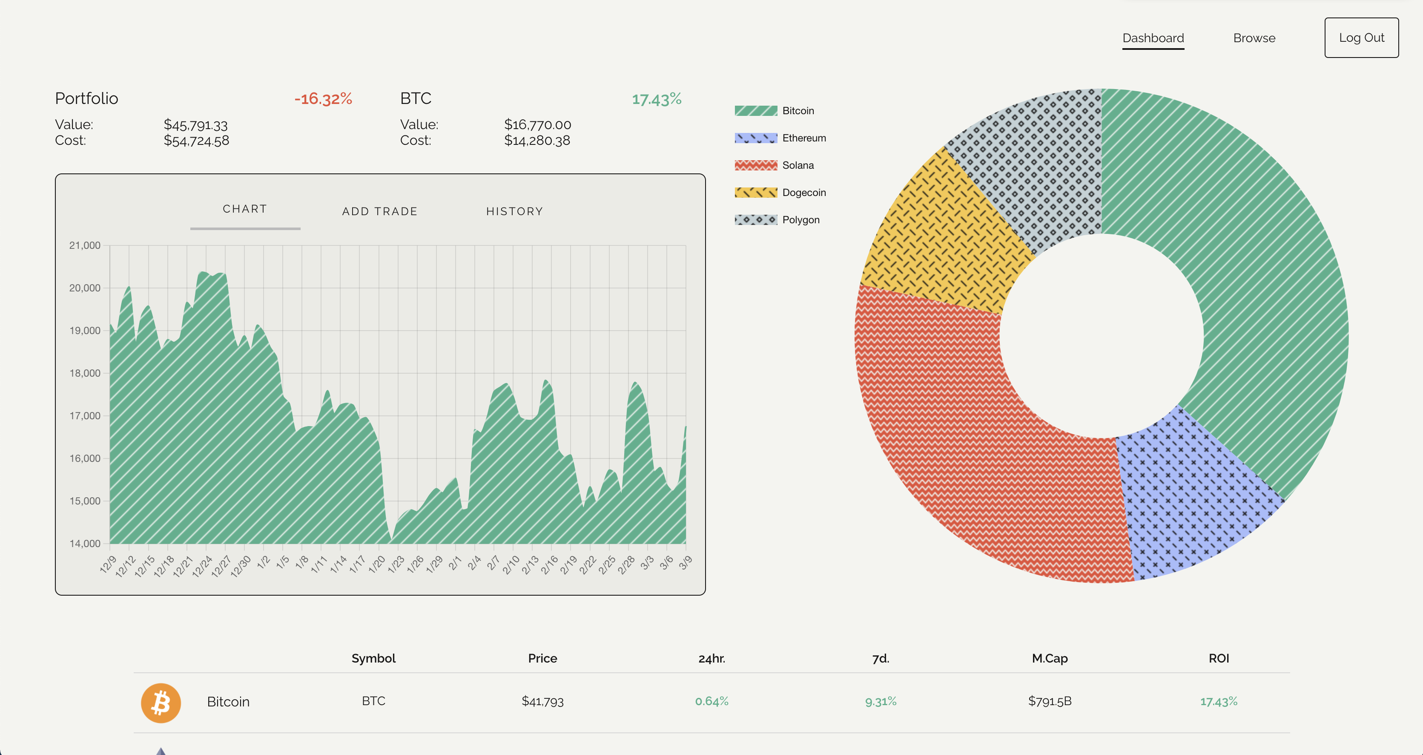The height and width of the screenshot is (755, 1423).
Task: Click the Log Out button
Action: (x=1361, y=37)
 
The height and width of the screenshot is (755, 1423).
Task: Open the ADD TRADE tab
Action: (x=379, y=211)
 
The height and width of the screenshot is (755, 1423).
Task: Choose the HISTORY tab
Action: (x=514, y=211)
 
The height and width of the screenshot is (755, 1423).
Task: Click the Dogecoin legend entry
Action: (x=804, y=192)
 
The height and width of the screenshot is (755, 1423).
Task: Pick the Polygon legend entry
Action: (x=800, y=220)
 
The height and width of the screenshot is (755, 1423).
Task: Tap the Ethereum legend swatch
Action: (x=755, y=138)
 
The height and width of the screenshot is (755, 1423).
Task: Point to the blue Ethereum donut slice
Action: (x=1188, y=497)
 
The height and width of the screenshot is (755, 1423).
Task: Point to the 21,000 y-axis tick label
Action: (x=84, y=245)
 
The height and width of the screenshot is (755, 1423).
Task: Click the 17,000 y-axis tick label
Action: (x=84, y=416)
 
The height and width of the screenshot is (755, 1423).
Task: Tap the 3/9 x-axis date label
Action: (x=685, y=563)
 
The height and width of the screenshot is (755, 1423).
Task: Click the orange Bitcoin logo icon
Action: (x=161, y=703)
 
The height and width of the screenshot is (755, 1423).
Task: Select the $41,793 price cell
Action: (x=542, y=701)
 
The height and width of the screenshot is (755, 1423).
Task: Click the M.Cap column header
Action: (x=1050, y=658)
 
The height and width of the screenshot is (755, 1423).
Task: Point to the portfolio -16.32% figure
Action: (x=323, y=99)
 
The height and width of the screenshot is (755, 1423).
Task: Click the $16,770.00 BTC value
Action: (x=537, y=124)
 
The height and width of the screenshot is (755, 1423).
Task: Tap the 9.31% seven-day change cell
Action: (x=881, y=701)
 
